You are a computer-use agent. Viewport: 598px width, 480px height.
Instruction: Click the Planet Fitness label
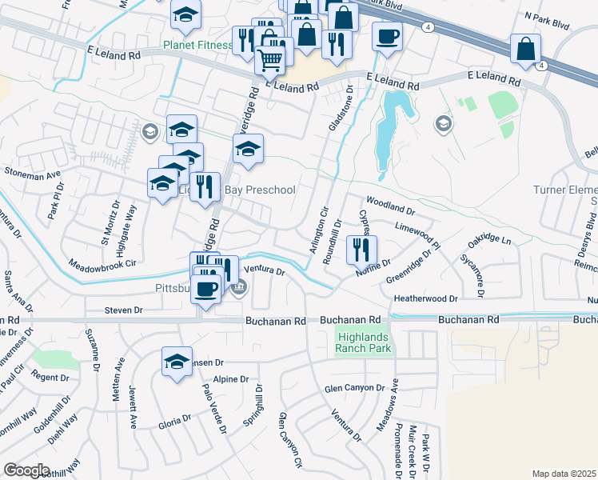tap(197, 46)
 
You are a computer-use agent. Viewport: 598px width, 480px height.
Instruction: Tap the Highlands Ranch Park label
tap(364, 342)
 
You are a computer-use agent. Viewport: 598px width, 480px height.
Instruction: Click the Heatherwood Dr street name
tap(425, 298)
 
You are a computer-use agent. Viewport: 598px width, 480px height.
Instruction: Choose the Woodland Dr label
tap(391, 206)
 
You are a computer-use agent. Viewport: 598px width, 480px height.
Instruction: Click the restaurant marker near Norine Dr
tap(361, 249)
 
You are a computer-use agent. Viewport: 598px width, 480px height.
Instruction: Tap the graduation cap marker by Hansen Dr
tap(177, 361)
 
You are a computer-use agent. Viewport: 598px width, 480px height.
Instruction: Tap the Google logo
tap(26, 470)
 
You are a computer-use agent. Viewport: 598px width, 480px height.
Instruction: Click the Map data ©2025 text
tap(564, 474)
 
